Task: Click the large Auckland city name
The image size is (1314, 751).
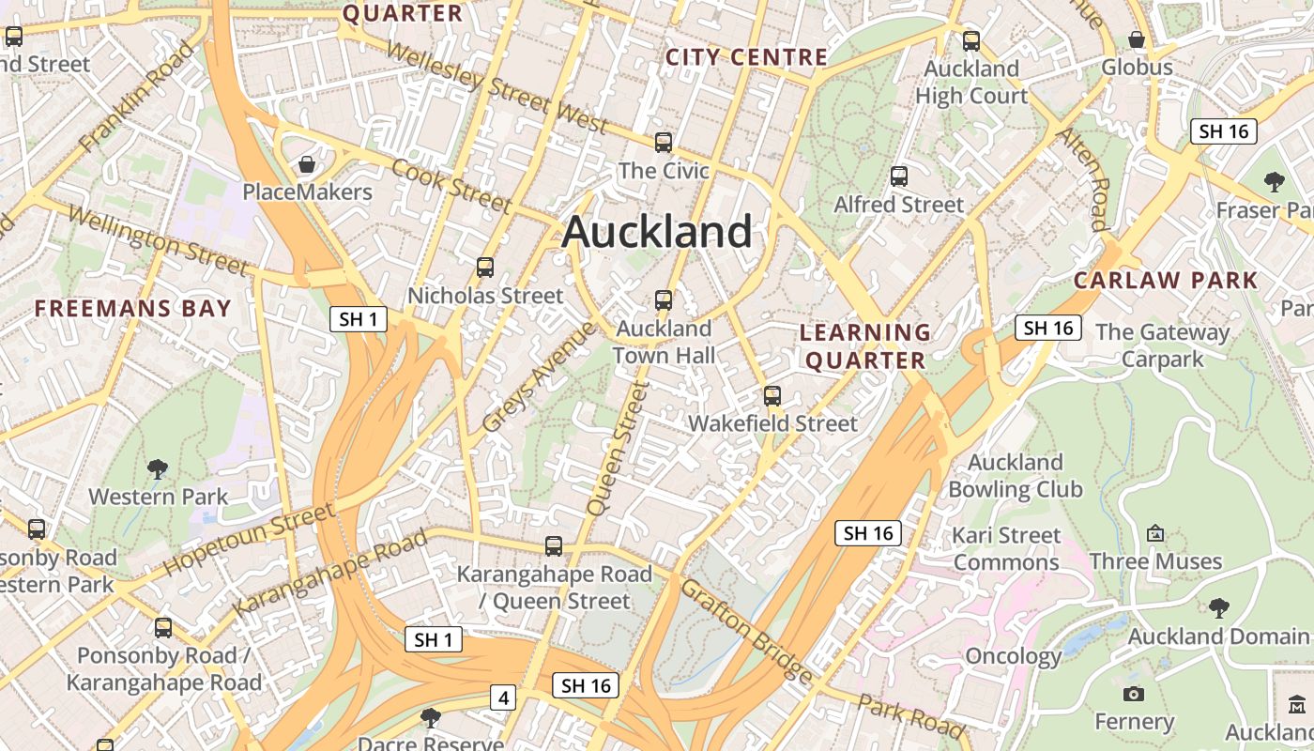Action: point(657,232)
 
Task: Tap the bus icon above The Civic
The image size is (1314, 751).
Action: point(664,143)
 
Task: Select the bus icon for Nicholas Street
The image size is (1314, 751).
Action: point(485,268)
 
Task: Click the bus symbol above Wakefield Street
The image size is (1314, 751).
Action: point(772,396)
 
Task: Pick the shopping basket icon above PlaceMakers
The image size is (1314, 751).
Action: point(306,165)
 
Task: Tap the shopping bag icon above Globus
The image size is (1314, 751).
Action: point(1137,39)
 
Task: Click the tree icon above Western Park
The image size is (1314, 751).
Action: point(158,468)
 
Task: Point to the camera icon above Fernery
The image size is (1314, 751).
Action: point(1134,694)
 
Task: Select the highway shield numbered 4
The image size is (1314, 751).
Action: point(504,698)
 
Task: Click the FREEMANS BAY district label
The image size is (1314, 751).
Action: point(132,309)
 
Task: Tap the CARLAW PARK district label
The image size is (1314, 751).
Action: point(1166,280)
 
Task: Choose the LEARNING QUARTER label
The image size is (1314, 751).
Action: point(865,346)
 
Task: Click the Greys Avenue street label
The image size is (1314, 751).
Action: point(539,377)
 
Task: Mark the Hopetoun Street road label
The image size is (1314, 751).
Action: point(249,540)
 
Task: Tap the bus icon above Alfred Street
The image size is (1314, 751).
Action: point(899,176)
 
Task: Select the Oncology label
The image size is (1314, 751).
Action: point(1014,656)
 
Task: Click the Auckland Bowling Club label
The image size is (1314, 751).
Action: point(1016,476)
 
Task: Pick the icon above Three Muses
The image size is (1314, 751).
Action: point(1155,533)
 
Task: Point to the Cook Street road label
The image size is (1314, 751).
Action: point(451,186)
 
